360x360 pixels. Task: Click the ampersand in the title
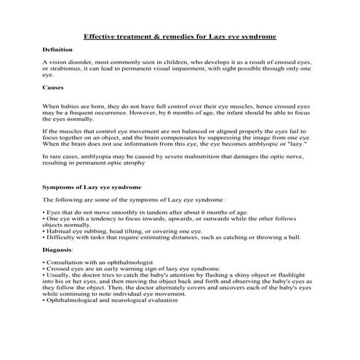[153, 36]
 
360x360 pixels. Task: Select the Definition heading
[57, 49]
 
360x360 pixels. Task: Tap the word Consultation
[65, 261]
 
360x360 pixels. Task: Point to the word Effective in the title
[103, 36]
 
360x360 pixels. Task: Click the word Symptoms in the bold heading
[63, 187]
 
